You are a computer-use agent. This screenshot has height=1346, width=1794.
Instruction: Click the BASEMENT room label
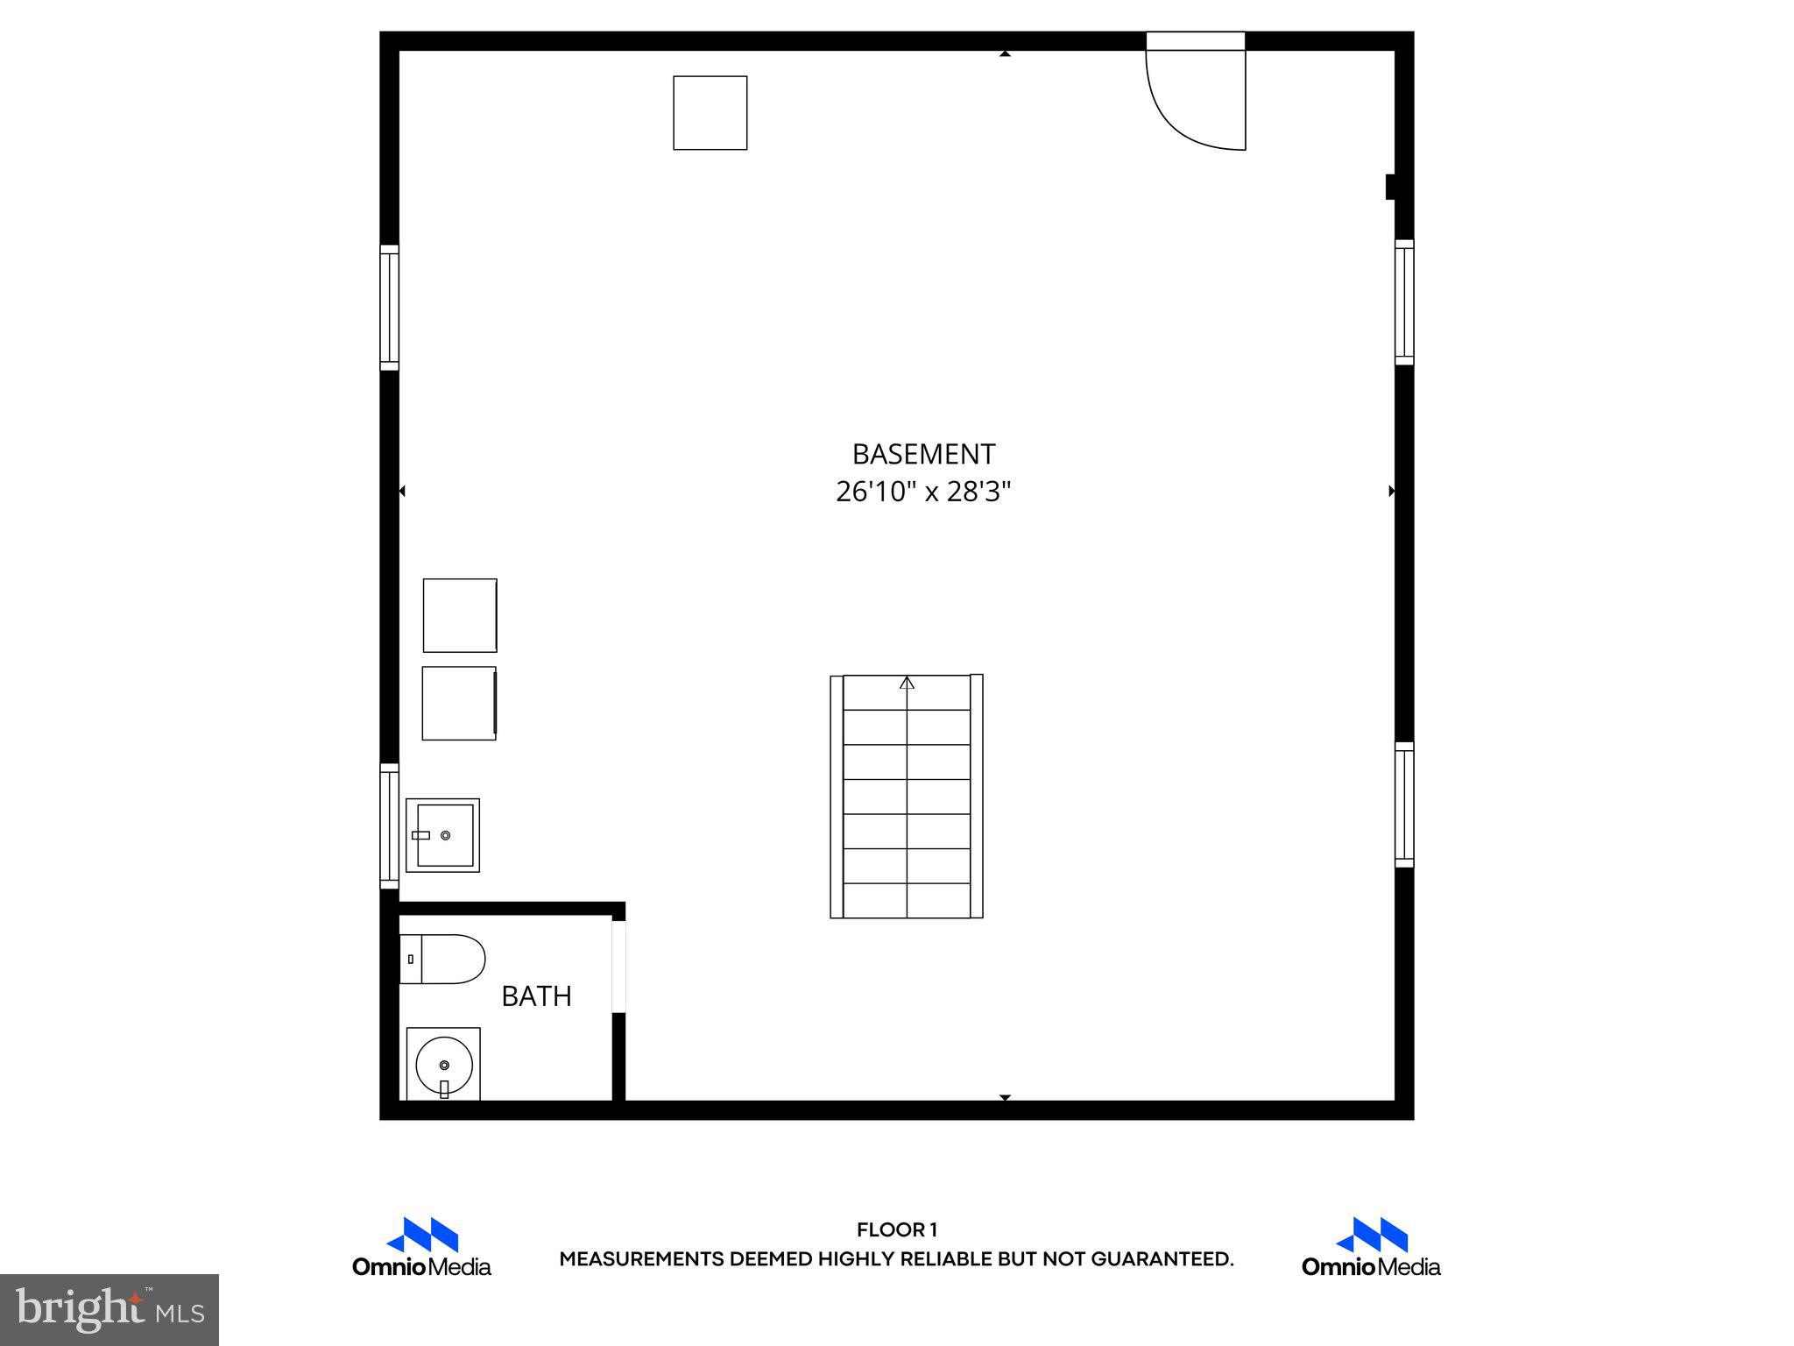[x=923, y=454]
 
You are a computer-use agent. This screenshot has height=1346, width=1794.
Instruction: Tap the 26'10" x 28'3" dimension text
[x=923, y=492]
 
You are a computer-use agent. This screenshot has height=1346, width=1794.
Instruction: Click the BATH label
[x=536, y=996]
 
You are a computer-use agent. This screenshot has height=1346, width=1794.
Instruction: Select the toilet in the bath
[x=443, y=959]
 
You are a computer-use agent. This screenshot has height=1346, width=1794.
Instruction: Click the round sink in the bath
[x=444, y=1065]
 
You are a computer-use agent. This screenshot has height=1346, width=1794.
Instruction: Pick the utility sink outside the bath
[x=443, y=835]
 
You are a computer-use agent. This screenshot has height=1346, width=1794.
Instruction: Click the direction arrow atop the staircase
[x=907, y=683]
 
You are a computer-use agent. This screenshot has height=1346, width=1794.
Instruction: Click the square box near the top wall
[x=710, y=113]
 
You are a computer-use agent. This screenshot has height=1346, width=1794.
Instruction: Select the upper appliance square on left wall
[x=460, y=615]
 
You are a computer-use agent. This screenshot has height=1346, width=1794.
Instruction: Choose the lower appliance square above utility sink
[x=459, y=704]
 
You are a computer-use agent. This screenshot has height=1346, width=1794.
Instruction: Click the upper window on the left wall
[x=389, y=308]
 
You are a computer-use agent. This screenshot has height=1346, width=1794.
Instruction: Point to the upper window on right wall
[x=1404, y=302]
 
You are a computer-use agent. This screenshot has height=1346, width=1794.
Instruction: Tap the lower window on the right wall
[x=1404, y=804]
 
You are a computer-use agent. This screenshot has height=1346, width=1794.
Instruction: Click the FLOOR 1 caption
[x=897, y=1229]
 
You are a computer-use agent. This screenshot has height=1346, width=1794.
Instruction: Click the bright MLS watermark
[x=109, y=1309]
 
